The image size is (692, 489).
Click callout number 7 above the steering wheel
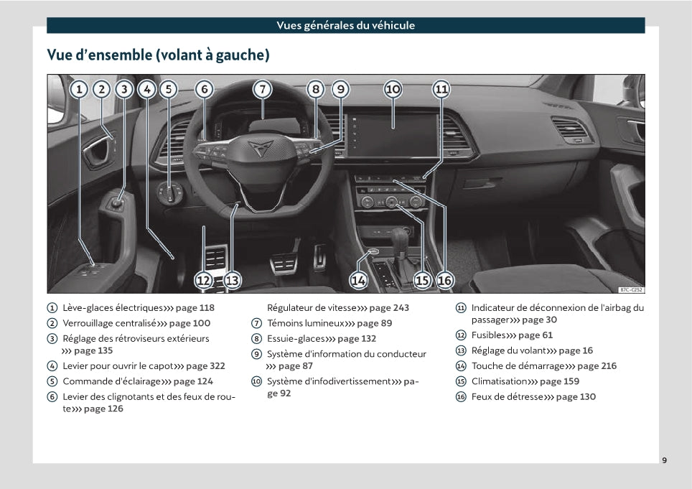263,89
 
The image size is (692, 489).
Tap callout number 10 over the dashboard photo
393,89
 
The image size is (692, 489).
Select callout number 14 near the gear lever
358,280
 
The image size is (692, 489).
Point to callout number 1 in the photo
79,89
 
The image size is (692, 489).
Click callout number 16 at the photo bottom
444,280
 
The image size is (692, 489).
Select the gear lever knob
399,236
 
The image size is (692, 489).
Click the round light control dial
170,193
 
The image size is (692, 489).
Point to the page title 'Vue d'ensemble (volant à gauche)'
158,55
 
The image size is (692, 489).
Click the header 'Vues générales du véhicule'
345,26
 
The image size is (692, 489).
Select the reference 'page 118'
195,308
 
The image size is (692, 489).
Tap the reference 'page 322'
206,366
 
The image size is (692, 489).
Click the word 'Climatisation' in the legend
499,381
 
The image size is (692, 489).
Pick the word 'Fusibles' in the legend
488,335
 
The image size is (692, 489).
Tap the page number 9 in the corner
664,460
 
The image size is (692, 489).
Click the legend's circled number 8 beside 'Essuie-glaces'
256,339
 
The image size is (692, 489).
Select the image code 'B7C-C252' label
631,289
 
